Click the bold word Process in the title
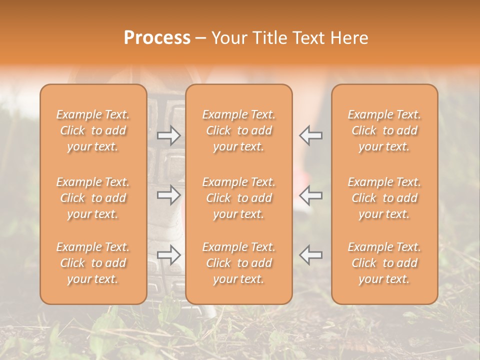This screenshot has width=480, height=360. (x=157, y=38)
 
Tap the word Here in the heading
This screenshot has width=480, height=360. (x=348, y=38)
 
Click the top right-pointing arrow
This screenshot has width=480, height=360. (x=168, y=135)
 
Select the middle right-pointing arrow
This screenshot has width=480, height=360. (x=168, y=195)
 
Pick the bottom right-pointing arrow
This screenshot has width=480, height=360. (x=168, y=255)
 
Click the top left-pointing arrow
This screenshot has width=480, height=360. (x=311, y=135)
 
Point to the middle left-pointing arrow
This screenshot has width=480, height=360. (x=311, y=195)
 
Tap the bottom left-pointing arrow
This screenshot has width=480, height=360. (x=311, y=255)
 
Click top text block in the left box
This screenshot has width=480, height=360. (x=93, y=130)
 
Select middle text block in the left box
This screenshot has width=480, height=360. (x=93, y=198)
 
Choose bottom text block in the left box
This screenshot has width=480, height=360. (x=93, y=263)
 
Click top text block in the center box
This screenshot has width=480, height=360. (x=238, y=130)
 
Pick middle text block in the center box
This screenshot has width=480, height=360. (x=238, y=198)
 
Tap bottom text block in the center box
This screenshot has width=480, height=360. (x=238, y=263)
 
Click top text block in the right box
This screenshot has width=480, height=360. (x=384, y=130)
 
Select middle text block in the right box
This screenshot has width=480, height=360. (x=384, y=198)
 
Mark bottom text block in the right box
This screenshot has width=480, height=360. (x=384, y=263)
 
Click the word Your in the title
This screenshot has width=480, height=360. (x=228, y=38)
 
